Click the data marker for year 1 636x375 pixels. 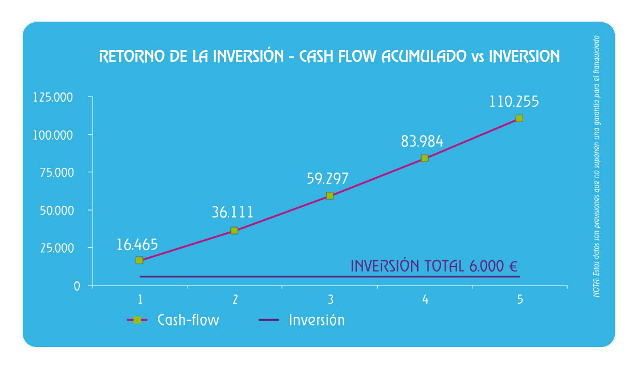click(x=140, y=260)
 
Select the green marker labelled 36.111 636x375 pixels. click(x=234, y=231)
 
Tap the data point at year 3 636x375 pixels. click(x=330, y=195)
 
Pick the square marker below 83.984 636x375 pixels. click(x=425, y=158)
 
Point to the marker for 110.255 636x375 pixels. click(x=519, y=118)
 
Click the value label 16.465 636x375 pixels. click(x=137, y=245)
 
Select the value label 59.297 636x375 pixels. click(x=328, y=178)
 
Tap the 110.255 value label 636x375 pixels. click(x=514, y=101)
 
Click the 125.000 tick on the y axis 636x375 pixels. click(x=53, y=97)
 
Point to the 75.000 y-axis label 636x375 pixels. click(x=57, y=173)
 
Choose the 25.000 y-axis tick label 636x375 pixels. click(x=57, y=248)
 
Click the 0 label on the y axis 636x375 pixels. click(x=77, y=287)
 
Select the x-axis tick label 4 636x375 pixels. click(x=425, y=300)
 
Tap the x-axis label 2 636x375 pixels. click(x=235, y=300)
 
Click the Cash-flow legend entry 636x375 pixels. click(x=173, y=320)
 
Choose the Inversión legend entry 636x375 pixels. click(x=301, y=320)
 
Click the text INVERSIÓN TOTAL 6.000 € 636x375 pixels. click(x=434, y=266)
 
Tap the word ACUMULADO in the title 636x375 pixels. click(x=424, y=57)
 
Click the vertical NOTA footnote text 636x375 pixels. click(x=596, y=166)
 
